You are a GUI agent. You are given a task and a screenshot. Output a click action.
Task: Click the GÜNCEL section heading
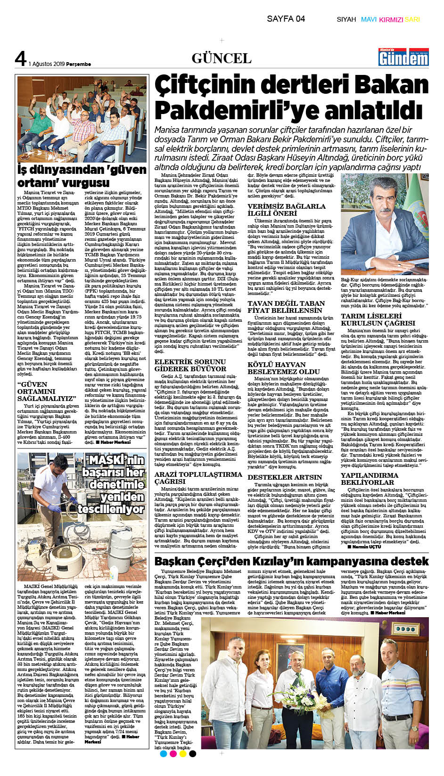[x=222, y=58]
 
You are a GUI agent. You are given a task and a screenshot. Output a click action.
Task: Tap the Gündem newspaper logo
[x=403, y=57]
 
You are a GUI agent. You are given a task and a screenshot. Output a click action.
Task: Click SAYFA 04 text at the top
[x=286, y=19]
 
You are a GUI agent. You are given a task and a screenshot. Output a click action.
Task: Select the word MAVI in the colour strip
[x=369, y=20]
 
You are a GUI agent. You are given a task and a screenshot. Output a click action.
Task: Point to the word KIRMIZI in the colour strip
[x=391, y=20]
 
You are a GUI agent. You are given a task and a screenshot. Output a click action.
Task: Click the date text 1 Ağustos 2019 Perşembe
[x=60, y=64]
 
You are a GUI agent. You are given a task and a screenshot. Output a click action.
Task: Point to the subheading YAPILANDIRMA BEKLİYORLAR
[x=370, y=479]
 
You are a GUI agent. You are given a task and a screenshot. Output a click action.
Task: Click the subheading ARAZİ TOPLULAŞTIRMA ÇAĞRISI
[x=198, y=478]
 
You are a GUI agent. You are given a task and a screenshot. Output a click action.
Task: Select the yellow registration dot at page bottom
[x=183, y=753]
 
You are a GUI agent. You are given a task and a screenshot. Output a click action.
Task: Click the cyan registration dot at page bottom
[x=164, y=753]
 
